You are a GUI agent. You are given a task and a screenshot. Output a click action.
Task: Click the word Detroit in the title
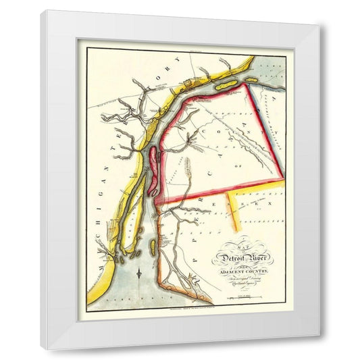point(228,257)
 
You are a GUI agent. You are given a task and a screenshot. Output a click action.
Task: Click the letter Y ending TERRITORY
point(177,61)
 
